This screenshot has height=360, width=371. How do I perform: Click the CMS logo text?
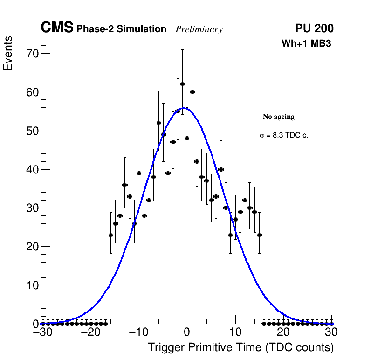point(57,28)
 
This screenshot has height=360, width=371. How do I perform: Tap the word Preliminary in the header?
point(199,29)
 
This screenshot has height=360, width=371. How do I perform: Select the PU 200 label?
point(314,28)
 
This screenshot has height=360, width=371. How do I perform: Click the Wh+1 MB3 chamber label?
point(306,44)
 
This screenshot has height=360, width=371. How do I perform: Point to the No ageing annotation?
point(278,117)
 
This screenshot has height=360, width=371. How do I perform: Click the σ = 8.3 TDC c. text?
point(284,136)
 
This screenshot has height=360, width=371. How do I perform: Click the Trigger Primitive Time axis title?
point(240,348)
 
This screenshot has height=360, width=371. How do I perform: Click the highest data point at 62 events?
point(182,84)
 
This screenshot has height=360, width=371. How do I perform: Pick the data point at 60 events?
point(192,92)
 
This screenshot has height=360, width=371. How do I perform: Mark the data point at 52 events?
point(158,123)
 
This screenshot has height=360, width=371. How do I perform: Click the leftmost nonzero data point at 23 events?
point(110,235)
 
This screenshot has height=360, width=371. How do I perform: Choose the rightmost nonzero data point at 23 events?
point(259,235)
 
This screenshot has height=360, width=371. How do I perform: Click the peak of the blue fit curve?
point(185,108)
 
